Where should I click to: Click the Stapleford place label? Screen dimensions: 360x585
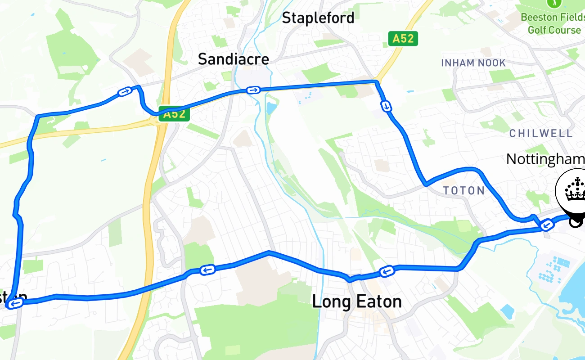tap(318, 18)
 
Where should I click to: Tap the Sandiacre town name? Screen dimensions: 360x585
tap(234, 59)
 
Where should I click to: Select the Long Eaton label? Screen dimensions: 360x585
tap(357, 301)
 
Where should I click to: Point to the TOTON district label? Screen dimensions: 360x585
tap(464, 191)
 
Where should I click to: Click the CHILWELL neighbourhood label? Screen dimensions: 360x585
tap(541, 134)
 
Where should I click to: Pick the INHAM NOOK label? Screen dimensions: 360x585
tap(473, 63)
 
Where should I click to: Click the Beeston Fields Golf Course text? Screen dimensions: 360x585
tap(553, 24)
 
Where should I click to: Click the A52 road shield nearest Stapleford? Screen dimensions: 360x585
tap(403, 39)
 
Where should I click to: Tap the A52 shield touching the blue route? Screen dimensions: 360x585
tap(174, 114)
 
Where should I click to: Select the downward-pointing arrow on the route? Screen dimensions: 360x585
tap(386, 106)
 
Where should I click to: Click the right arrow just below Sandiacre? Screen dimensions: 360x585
tap(253, 90)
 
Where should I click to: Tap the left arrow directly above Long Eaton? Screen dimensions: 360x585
tap(387, 271)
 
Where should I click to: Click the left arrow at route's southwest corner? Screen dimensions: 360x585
tap(15, 304)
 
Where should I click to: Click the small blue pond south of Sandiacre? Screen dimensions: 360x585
tap(271, 108)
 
